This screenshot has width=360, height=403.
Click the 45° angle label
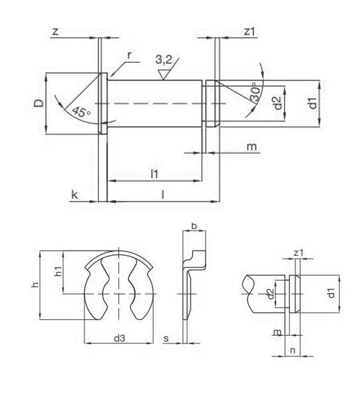click(x=81, y=112)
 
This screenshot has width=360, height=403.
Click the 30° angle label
click(x=255, y=92)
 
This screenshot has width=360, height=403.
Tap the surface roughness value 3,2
click(x=164, y=60)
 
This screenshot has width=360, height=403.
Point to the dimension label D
click(x=39, y=103)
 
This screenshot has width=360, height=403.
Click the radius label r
click(x=130, y=55)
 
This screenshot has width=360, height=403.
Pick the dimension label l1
click(x=154, y=174)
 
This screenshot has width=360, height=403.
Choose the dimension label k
click(x=75, y=195)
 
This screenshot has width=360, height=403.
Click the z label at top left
click(x=55, y=31)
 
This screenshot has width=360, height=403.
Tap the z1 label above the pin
click(x=249, y=31)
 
